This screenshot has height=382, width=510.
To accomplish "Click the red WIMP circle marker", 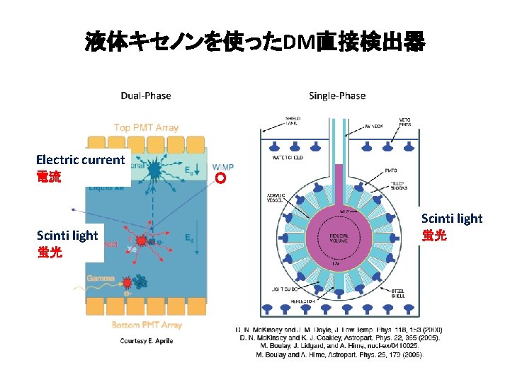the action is pyautogui.click(x=220, y=178).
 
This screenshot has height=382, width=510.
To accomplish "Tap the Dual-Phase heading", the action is pyautogui.click(x=146, y=95).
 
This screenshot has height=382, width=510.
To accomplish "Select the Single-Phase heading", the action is pyautogui.click(x=337, y=95).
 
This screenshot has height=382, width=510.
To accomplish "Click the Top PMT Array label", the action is pyautogui.click(x=147, y=128).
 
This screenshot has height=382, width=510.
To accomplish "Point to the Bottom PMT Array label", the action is pyautogui.click(x=147, y=325).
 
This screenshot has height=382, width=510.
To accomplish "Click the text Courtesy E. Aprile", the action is pyautogui.click(x=147, y=341).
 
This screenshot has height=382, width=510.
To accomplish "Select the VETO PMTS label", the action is pyautogui.click(x=409, y=122).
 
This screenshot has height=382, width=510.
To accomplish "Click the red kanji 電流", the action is pyautogui.click(x=49, y=176).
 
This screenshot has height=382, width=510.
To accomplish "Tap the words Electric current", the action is pyautogui.click(x=80, y=160).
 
